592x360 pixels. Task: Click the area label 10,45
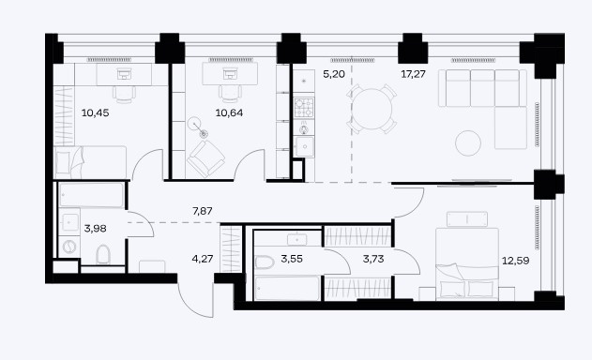tap(96, 112)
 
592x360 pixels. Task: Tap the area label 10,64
tap(229, 112)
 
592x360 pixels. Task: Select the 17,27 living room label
tap(413, 74)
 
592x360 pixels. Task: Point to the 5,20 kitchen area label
tap(334, 74)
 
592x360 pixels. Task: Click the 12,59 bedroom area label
tap(515, 261)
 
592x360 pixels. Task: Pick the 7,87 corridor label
tap(203, 211)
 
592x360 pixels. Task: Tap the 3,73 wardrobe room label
tap(373, 259)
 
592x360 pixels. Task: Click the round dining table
tap(372, 109)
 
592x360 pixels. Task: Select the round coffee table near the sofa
tap(468, 143)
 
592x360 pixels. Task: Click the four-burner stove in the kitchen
tap(304, 108)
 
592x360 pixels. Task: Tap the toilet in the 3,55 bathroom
tap(264, 262)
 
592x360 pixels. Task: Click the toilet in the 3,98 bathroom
tap(103, 255)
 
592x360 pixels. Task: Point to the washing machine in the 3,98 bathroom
tap(69, 247)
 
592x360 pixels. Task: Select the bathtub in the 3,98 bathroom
tap(91, 195)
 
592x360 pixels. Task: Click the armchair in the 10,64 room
tap(205, 158)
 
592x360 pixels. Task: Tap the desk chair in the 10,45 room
tap(124, 95)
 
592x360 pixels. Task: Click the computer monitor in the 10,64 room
tap(230, 73)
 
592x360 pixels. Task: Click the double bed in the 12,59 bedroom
tap(467, 263)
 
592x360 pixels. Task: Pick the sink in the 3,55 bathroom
tap(297, 240)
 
